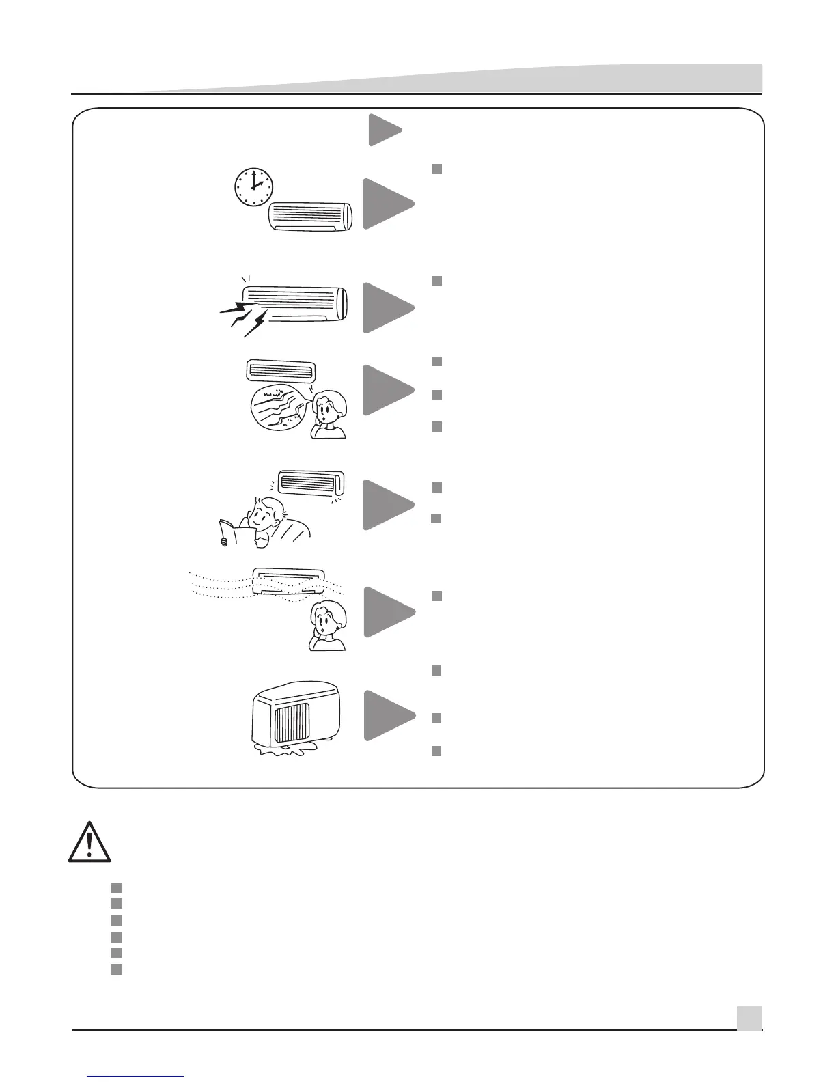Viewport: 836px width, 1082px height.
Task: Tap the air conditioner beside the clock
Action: (x=312, y=217)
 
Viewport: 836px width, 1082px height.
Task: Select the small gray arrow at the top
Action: (x=385, y=130)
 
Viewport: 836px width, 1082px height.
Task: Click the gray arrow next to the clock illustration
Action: (x=387, y=204)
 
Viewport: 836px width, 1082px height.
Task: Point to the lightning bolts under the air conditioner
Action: (x=242, y=318)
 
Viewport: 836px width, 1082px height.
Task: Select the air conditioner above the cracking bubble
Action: (x=280, y=371)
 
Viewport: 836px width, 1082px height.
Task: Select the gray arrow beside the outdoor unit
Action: (x=387, y=716)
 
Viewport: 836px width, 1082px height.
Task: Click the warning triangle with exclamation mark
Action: (x=89, y=842)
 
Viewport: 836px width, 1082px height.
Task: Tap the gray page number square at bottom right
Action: (x=749, y=1018)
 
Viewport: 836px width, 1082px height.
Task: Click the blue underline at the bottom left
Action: (x=136, y=1077)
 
